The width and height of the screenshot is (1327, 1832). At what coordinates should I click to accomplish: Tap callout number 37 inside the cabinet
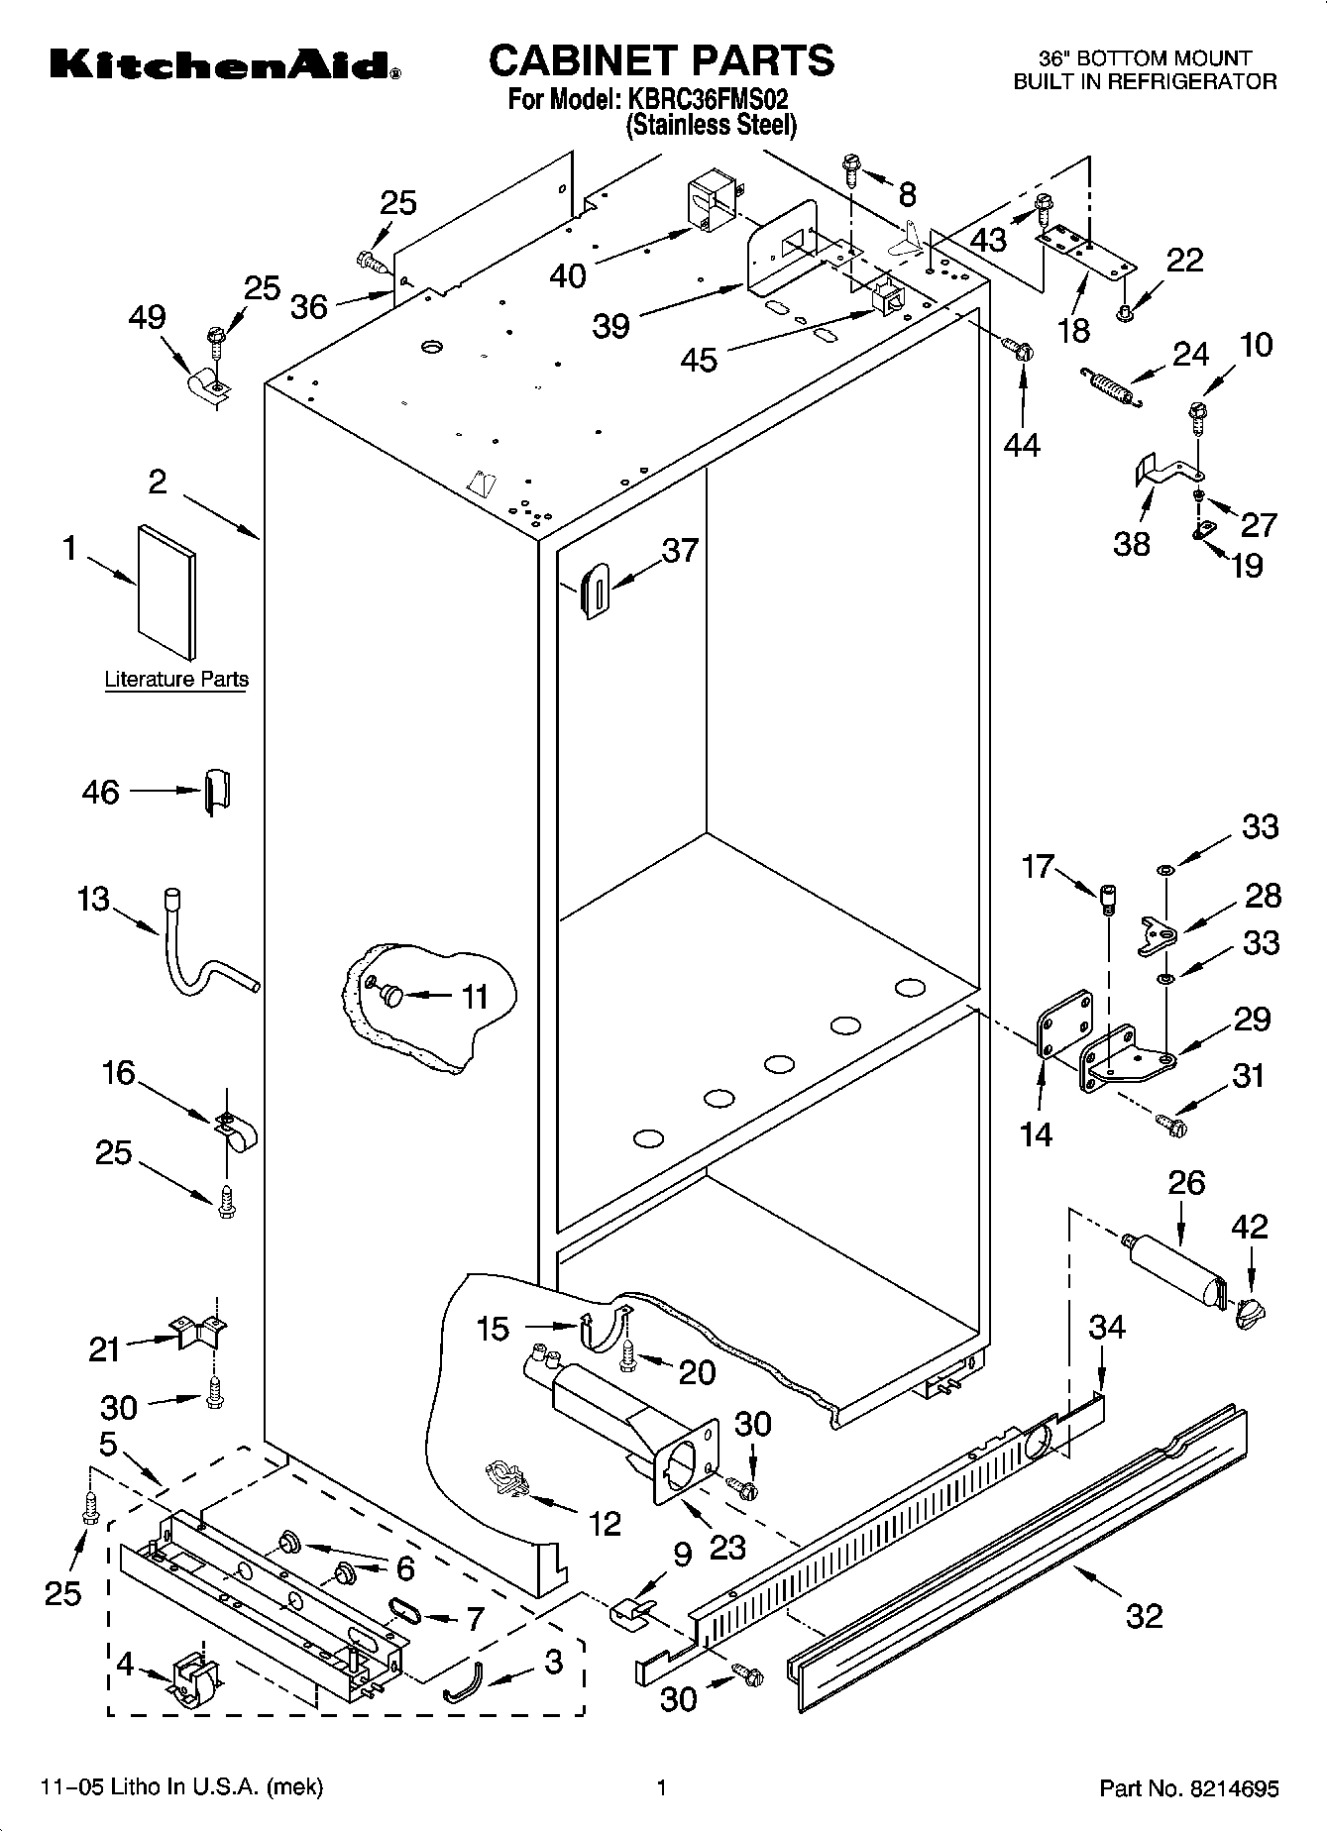tap(680, 550)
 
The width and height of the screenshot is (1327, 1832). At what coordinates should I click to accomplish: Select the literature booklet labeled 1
tap(166, 592)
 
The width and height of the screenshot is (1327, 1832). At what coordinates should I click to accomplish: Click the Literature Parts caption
tap(176, 680)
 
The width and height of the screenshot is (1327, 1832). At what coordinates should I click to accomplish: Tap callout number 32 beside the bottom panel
tap(1145, 1616)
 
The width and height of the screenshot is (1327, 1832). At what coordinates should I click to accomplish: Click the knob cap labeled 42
tap(1251, 1314)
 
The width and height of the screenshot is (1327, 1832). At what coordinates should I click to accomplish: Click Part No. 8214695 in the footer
tap(1188, 1788)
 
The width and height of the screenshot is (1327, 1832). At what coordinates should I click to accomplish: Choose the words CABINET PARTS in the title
tap(661, 59)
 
